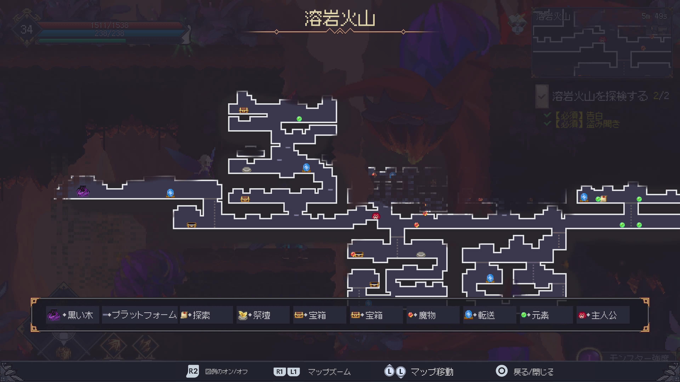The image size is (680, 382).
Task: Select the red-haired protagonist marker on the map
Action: point(376,216)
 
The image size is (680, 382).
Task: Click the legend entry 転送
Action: point(479,315)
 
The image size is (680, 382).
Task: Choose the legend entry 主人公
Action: point(598,315)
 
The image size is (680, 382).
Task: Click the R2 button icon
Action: point(193,371)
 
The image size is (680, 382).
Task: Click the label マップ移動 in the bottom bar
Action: point(432,372)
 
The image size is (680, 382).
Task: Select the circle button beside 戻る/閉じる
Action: point(501,371)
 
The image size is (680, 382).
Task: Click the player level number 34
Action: point(27,30)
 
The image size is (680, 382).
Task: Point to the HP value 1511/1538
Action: point(109,25)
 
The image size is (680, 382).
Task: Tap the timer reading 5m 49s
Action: point(654,16)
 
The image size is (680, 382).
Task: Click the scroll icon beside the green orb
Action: point(603,198)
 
